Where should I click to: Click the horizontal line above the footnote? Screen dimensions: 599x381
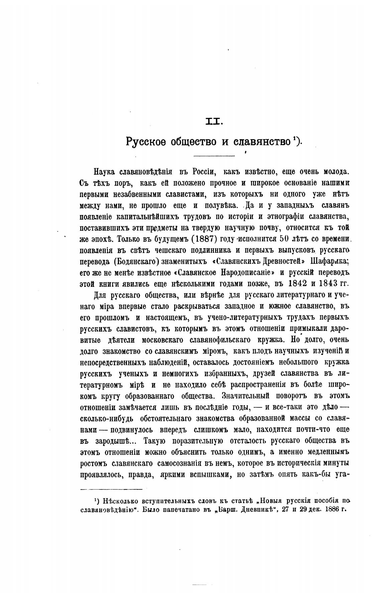tap(112, 489)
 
